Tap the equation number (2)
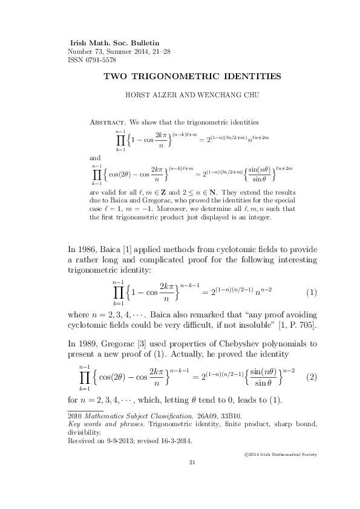tap(312, 376)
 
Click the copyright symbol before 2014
tap(243, 454)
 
